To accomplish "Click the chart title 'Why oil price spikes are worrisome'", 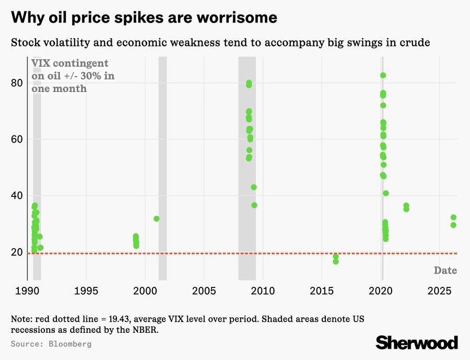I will pos(144,17).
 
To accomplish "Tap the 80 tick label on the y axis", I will pos(17,83).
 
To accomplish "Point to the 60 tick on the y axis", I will pos(17,140).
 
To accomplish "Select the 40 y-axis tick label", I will pos(17,196).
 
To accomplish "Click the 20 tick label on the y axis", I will pos(17,252).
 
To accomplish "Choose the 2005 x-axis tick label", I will pos(204,290).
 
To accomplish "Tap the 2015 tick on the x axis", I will pos(322,290).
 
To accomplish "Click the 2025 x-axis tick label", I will pos(439,290).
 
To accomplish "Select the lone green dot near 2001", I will pos(157,218).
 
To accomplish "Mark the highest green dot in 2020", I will pos(383,75).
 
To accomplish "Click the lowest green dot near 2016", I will pos(336,261).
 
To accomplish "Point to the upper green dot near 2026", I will pos(453,217).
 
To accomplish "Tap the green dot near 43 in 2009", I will pos(254,187).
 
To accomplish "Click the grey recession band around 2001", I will pos(162,167).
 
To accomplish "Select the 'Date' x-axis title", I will pos(445,271).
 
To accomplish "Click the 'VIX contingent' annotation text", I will pos(70,63).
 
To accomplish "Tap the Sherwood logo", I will pos(417,343).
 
